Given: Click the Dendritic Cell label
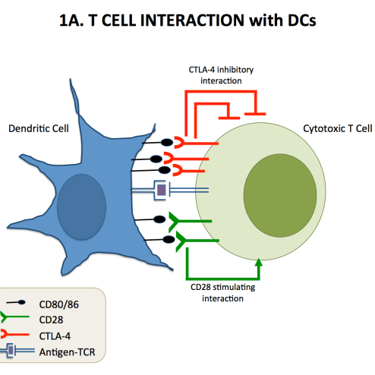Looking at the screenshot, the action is (x=39, y=128).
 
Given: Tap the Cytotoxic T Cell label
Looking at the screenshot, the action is (x=338, y=128).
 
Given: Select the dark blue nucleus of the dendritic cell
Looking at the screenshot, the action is (x=81, y=206).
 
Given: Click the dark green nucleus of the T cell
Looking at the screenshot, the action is (x=280, y=195).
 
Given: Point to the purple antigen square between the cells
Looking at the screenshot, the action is (x=162, y=190).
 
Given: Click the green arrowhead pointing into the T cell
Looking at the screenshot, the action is (x=259, y=263).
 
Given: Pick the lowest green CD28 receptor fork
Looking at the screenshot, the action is (x=181, y=241).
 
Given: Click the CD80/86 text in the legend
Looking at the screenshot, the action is (x=59, y=304).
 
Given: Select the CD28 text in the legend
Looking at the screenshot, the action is (x=51, y=320).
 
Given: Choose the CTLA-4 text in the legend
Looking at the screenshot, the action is (x=55, y=336).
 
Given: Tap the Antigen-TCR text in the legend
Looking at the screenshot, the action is (x=68, y=352).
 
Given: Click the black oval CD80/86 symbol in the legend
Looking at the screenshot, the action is (x=22, y=302).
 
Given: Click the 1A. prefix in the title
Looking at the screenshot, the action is (x=71, y=20).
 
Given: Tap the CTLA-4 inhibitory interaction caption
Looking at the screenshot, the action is (x=221, y=75).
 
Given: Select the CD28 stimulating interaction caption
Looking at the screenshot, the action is (x=222, y=293).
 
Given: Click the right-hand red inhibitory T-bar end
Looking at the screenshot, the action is (x=255, y=114).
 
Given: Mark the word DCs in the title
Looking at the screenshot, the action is (x=302, y=20).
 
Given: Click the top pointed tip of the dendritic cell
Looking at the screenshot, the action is (x=71, y=79).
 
